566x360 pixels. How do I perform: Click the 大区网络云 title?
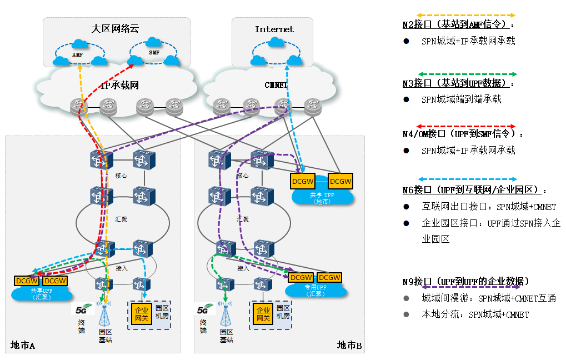click(115, 29)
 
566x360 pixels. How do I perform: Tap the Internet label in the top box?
click(274, 29)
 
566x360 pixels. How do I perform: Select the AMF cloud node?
click(77, 54)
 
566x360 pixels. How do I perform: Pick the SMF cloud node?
click(154, 52)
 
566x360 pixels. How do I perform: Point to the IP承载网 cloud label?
click(119, 85)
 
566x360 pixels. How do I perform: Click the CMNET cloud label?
click(276, 85)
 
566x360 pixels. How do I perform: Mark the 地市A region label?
click(23, 346)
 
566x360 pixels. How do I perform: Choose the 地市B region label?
click(349, 346)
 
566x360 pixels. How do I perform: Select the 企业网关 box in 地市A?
click(141, 314)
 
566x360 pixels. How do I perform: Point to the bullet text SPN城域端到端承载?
click(461, 99)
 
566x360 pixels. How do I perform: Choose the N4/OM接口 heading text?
click(463, 134)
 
